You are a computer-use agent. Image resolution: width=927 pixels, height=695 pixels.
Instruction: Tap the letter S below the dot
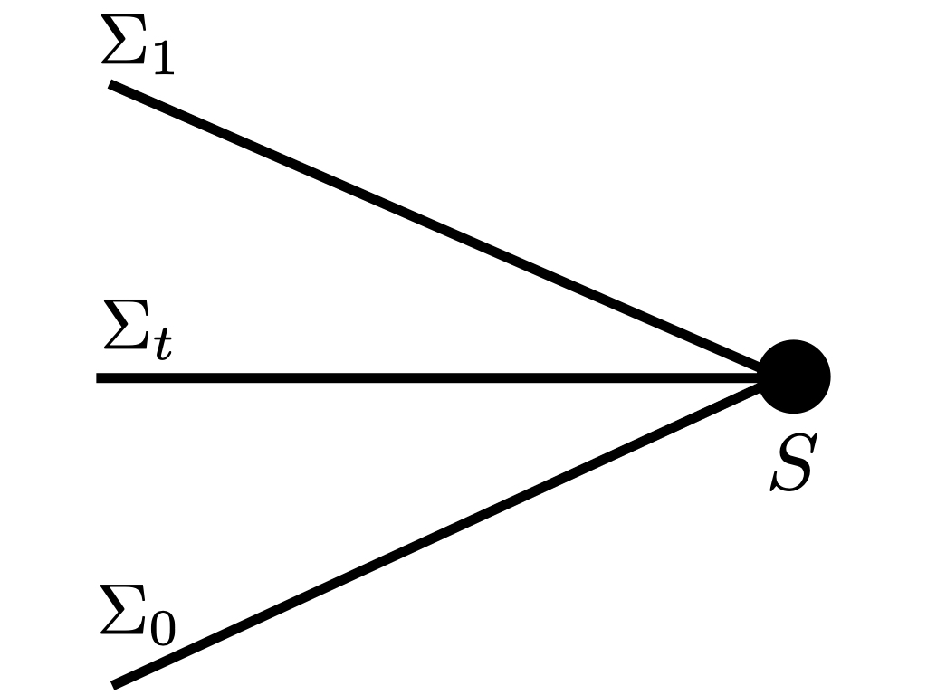coord(792,463)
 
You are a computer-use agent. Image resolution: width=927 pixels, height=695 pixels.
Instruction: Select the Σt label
coord(137,334)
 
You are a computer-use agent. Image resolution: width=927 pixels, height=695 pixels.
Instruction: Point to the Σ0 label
coord(138,617)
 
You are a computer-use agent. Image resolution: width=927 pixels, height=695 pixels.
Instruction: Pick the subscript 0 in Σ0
coord(163,628)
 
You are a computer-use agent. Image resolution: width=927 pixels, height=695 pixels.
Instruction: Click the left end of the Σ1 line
coord(112,85)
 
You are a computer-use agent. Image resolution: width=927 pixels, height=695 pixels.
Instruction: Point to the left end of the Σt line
coord(100,377)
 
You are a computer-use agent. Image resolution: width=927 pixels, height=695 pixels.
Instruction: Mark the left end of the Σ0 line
coord(115,683)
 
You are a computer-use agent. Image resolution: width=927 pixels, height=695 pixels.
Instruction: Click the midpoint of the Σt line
coord(430,377)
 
